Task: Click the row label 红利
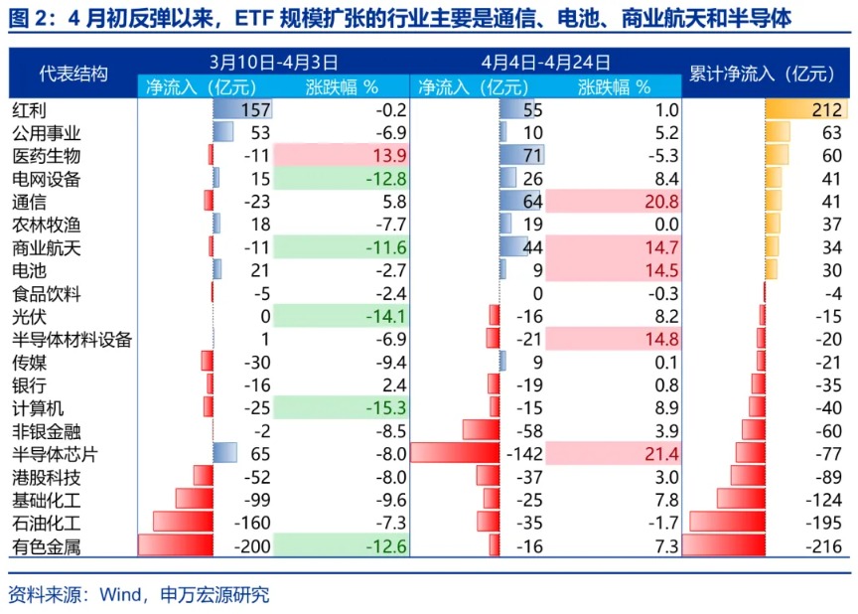(x=29, y=110)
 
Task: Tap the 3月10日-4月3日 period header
(x=274, y=62)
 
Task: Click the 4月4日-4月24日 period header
(x=545, y=62)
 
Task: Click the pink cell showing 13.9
(x=341, y=156)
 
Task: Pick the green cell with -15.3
(x=341, y=407)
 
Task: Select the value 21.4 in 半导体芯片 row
(x=613, y=453)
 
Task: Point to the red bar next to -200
(x=175, y=545)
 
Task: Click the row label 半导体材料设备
(x=71, y=339)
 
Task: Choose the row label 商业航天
(x=46, y=247)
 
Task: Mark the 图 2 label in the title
(x=29, y=20)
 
